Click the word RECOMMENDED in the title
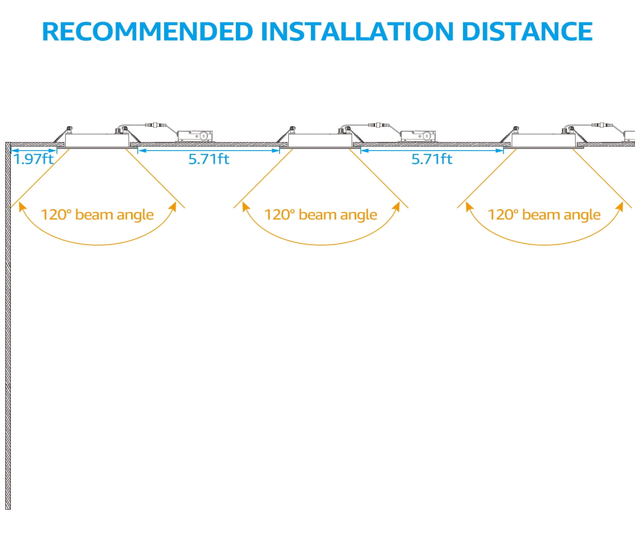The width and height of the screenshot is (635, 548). pyautogui.click(x=147, y=32)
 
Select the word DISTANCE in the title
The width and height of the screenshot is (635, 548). pyautogui.click(x=527, y=32)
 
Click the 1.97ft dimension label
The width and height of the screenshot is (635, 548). pyautogui.click(x=34, y=159)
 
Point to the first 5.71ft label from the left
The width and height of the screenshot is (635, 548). pyautogui.click(x=209, y=159)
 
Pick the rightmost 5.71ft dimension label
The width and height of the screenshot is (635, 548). pyautogui.click(x=432, y=159)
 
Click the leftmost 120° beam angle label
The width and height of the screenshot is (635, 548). pyautogui.click(x=97, y=215)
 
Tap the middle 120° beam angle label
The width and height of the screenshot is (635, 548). pyautogui.click(x=320, y=215)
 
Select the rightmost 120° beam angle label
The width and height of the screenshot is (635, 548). pyautogui.click(x=544, y=215)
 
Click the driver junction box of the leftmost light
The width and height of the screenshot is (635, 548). pyautogui.click(x=195, y=136)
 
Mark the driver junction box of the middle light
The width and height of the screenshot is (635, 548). pyautogui.click(x=418, y=136)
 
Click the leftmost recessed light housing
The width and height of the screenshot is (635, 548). pyautogui.click(x=97, y=140)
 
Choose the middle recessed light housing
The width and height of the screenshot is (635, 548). pyautogui.click(x=320, y=140)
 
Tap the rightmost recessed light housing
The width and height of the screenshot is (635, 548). pyautogui.click(x=544, y=140)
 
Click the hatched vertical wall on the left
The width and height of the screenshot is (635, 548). pyautogui.click(x=8, y=326)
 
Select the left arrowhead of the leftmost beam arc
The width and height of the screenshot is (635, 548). pyautogui.click(x=21, y=205)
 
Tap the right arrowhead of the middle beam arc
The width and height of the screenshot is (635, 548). pyautogui.click(x=397, y=205)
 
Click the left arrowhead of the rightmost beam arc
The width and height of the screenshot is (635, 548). pyautogui.click(x=468, y=205)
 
